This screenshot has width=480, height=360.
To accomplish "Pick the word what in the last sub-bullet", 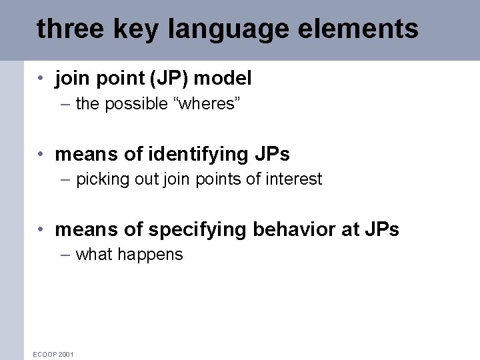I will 94,254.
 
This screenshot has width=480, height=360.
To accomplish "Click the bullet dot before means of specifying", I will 41,230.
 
